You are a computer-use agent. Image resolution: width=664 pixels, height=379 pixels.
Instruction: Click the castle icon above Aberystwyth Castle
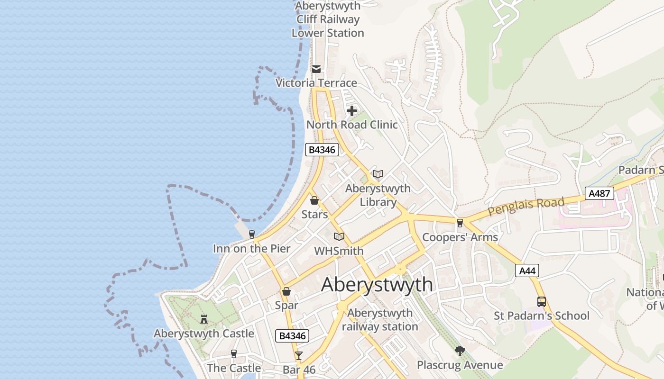pos(204,319)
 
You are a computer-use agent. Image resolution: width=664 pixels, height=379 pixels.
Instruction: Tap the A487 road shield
pos(599,193)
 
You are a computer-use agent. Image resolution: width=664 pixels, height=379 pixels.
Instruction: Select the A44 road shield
pos(527,271)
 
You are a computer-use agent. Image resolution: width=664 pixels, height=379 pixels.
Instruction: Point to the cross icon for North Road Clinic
pos(352,111)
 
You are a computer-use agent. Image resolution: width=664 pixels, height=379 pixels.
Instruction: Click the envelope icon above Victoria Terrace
pos(316,69)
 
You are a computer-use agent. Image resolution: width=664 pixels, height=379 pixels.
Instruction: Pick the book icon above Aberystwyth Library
pos(378,174)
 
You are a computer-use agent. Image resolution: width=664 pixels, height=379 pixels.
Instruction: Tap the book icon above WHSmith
pos(339,236)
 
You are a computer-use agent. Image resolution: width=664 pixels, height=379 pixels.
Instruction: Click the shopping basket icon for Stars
pos(314,200)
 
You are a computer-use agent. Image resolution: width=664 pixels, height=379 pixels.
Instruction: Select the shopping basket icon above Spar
pos(286,291)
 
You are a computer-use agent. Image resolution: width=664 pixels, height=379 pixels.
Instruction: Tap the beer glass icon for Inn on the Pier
pos(251,234)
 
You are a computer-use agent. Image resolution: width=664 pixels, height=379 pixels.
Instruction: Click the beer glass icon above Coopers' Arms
pos(460,223)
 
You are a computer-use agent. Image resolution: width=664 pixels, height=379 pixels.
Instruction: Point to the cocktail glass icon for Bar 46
pos(298,355)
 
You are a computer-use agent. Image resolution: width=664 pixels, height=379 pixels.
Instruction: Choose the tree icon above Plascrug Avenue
pos(460,351)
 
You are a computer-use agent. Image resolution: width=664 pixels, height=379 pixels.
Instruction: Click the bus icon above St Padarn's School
pos(541,301)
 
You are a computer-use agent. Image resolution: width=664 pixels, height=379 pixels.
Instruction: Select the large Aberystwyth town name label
pos(377,285)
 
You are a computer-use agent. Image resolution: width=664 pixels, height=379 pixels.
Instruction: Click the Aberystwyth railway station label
pos(380,320)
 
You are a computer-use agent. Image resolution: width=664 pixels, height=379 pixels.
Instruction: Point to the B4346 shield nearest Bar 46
pos(292,336)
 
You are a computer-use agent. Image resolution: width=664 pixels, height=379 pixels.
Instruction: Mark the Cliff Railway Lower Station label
pos(328,19)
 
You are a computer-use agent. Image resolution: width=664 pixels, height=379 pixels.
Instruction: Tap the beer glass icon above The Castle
pos(233,353)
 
